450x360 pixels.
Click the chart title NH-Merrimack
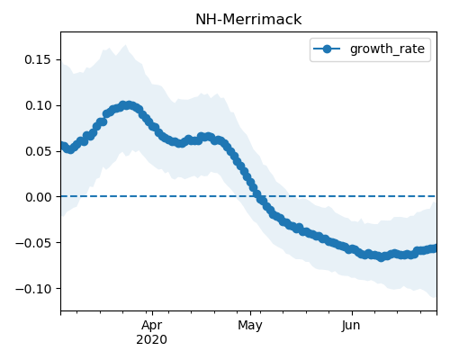248,20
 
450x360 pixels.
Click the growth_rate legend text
387,49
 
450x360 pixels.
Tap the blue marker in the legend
327,49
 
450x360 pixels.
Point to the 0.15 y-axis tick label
38,59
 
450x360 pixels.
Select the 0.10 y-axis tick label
38,105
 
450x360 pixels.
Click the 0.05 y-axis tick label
38,151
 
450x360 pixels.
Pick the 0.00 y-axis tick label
38,197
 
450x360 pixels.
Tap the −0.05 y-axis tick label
33,243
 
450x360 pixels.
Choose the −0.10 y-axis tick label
33,289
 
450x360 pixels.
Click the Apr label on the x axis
152,326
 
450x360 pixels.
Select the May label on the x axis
250,326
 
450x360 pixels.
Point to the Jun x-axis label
351,326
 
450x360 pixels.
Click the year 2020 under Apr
151,340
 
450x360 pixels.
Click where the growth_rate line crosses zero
258,196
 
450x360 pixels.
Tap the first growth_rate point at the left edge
61,146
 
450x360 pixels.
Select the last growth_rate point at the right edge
435,248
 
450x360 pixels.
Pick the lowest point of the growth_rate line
381,257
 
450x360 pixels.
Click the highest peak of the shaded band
126,45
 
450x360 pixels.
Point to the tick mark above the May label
251,313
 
